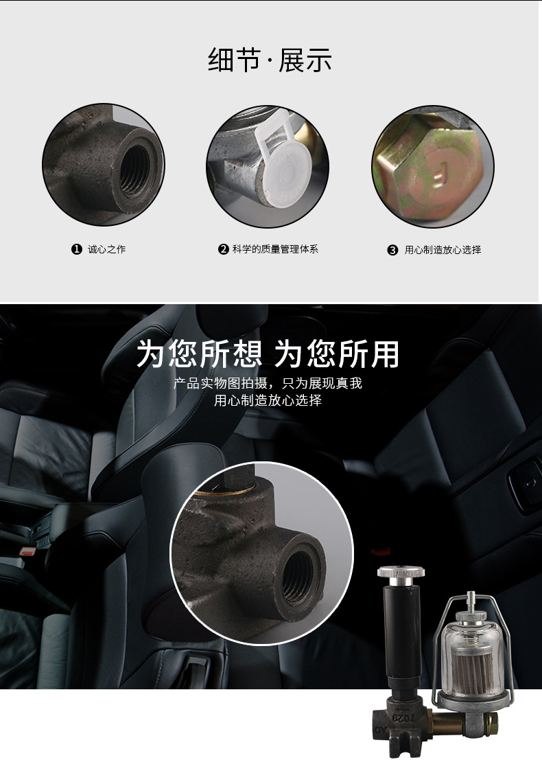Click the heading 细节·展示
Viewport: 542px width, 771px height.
pyautogui.click(x=270, y=61)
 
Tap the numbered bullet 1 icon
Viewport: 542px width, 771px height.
pyautogui.click(x=77, y=249)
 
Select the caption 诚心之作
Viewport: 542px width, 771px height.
pyautogui.click(x=107, y=249)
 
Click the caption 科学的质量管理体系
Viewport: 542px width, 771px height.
pyautogui.click(x=274, y=249)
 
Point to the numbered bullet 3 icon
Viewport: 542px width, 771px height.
pyautogui.click(x=392, y=250)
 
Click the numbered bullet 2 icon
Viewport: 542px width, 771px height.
pyautogui.click(x=223, y=249)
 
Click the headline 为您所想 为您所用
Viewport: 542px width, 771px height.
pyautogui.click(x=268, y=354)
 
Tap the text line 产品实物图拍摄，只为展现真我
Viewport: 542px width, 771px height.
pyautogui.click(x=268, y=383)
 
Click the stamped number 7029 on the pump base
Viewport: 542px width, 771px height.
pyautogui.click(x=403, y=716)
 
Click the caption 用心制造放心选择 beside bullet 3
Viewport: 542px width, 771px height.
pyautogui.click(x=443, y=250)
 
